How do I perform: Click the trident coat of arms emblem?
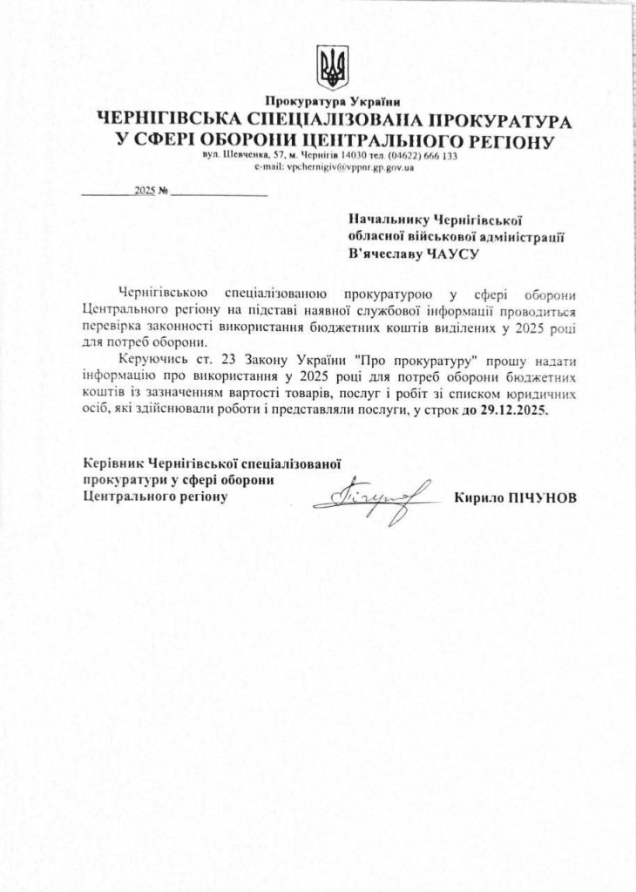click(332, 68)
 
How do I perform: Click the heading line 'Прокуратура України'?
click(333, 103)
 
